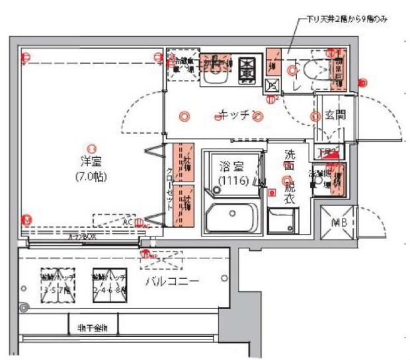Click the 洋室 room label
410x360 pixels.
coord(90,161)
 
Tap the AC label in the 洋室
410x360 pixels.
coord(126,222)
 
